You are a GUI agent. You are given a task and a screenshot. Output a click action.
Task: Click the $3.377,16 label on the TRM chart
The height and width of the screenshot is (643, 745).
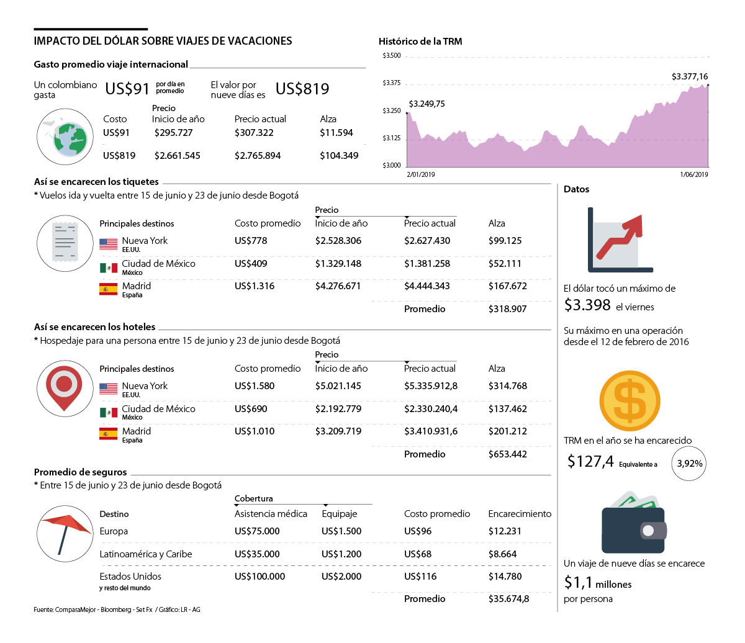(x=689, y=76)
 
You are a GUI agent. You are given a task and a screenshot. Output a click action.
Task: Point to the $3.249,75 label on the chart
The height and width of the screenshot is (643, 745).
(x=427, y=104)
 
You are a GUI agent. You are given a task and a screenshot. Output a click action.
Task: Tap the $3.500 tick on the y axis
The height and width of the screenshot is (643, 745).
(x=392, y=56)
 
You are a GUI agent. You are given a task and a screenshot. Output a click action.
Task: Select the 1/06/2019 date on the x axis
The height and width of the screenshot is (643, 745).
(x=693, y=174)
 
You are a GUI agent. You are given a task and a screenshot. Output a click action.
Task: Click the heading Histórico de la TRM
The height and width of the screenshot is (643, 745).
(x=420, y=42)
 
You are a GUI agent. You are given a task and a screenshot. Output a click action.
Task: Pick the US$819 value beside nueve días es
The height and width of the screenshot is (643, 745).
(x=302, y=89)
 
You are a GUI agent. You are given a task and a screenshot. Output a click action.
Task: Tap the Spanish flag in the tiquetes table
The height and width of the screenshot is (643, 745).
(x=108, y=289)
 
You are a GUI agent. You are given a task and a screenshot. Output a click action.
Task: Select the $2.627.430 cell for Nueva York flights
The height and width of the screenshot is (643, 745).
(x=427, y=241)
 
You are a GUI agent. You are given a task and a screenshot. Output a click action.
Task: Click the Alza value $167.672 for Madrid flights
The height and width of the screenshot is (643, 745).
(x=507, y=286)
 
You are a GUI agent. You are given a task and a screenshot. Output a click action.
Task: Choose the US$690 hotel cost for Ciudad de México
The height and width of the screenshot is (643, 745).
(x=251, y=408)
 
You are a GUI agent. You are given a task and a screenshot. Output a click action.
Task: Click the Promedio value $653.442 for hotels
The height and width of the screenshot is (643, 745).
(x=507, y=454)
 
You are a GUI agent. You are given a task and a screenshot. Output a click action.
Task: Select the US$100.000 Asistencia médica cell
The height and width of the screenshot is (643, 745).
(x=260, y=577)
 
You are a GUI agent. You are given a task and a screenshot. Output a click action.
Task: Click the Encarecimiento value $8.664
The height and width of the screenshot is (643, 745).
(x=502, y=554)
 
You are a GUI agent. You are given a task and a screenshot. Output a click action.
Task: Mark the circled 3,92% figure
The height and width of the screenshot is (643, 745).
(x=689, y=464)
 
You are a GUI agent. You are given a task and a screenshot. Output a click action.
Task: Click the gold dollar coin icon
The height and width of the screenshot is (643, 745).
(x=630, y=401)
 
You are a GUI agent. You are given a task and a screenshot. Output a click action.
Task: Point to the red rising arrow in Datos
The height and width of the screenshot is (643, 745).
(x=620, y=236)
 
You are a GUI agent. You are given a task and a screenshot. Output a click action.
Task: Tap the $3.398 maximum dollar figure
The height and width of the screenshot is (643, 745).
(x=587, y=305)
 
